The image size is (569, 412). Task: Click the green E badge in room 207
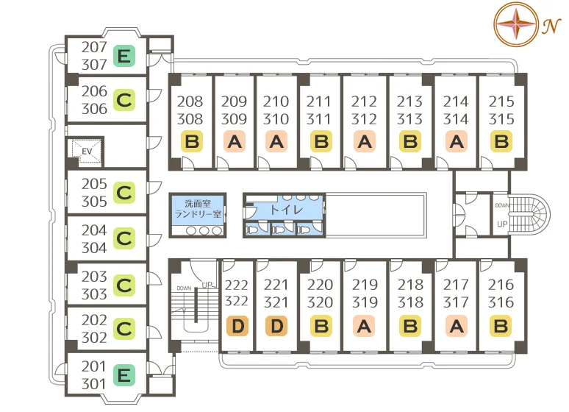pos(124,56)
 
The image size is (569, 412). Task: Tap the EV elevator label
pos(87,151)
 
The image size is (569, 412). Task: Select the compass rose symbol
pos(515,24)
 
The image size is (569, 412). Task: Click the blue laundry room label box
pos(198,209)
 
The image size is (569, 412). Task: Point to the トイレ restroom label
pos(286,210)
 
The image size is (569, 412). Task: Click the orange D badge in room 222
pos(237,326)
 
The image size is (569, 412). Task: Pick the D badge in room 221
pos(276,326)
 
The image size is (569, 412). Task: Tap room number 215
pos(501,102)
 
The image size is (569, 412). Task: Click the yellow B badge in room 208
pos(192,141)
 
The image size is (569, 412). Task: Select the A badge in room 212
pos(365,141)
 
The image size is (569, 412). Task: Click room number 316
pos(501,302)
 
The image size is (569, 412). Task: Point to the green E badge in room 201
pos(124,375)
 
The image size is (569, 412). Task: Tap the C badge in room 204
pos(124,238)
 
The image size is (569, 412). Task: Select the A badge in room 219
pos(364,326)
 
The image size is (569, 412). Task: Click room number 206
pos(94,91)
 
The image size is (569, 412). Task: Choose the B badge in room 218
pos(410,326)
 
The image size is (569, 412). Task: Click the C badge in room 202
pos(124,329)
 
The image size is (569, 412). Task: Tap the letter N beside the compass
pos(551,26)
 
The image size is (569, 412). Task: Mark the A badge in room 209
pos(235,141)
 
